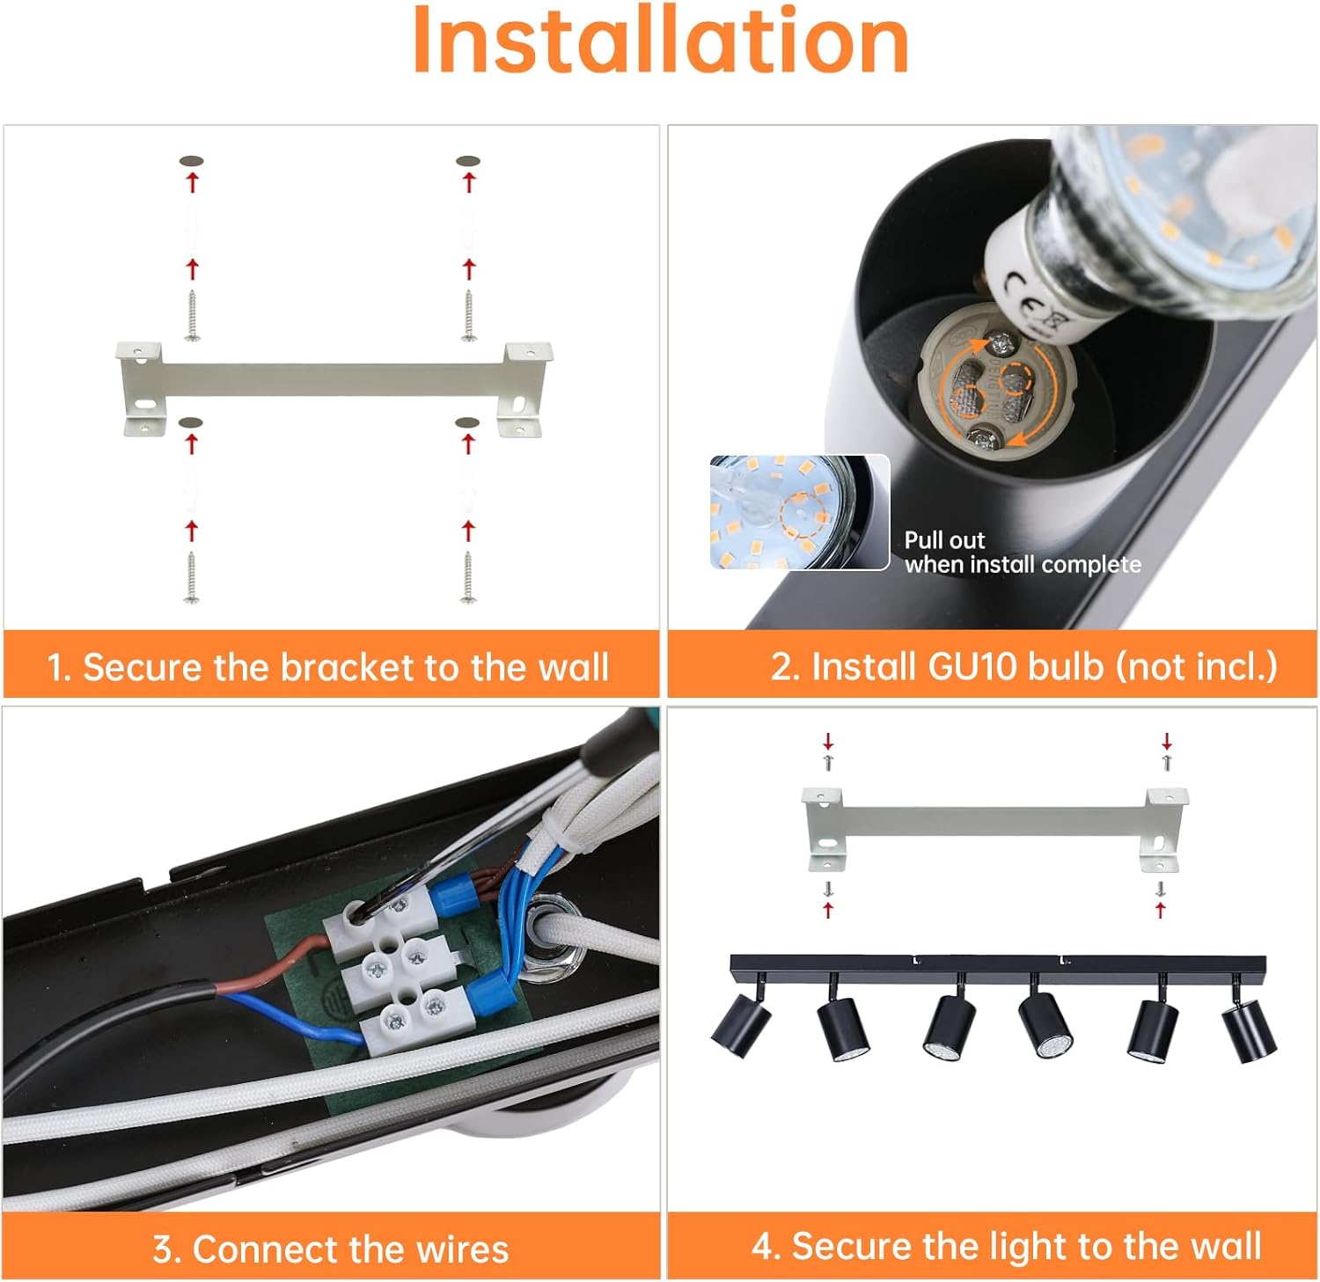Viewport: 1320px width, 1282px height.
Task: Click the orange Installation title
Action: (x=660, y=41)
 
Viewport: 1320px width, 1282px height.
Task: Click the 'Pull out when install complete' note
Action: (x=1022, y=553)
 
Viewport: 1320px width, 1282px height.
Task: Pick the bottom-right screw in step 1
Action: (x=468, y=577)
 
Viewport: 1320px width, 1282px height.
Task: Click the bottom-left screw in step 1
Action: (x=191, y=577)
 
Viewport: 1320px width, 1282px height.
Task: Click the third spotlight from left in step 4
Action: (x=949, y=1026)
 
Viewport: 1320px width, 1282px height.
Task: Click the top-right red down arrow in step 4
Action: (x=1167, y=740)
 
